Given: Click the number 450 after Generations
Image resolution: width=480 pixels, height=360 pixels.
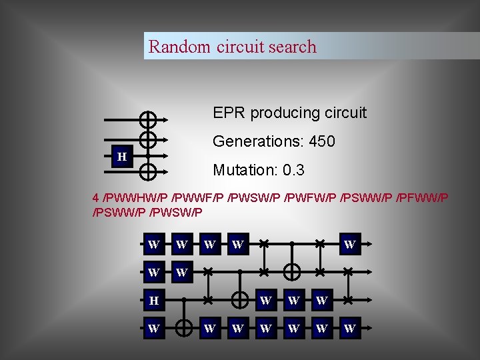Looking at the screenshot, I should pos(322,141).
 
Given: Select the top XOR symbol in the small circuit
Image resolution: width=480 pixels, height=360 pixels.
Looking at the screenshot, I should pos(148,120).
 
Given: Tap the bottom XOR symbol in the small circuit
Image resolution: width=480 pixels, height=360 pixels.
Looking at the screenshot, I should pos(148,172).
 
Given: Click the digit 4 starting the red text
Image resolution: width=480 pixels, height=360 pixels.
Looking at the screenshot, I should pos(96,198).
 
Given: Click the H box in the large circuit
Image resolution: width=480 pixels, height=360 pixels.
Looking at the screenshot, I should pos(153,301).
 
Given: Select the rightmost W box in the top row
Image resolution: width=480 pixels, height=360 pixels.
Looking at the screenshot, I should pos(349,245).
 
